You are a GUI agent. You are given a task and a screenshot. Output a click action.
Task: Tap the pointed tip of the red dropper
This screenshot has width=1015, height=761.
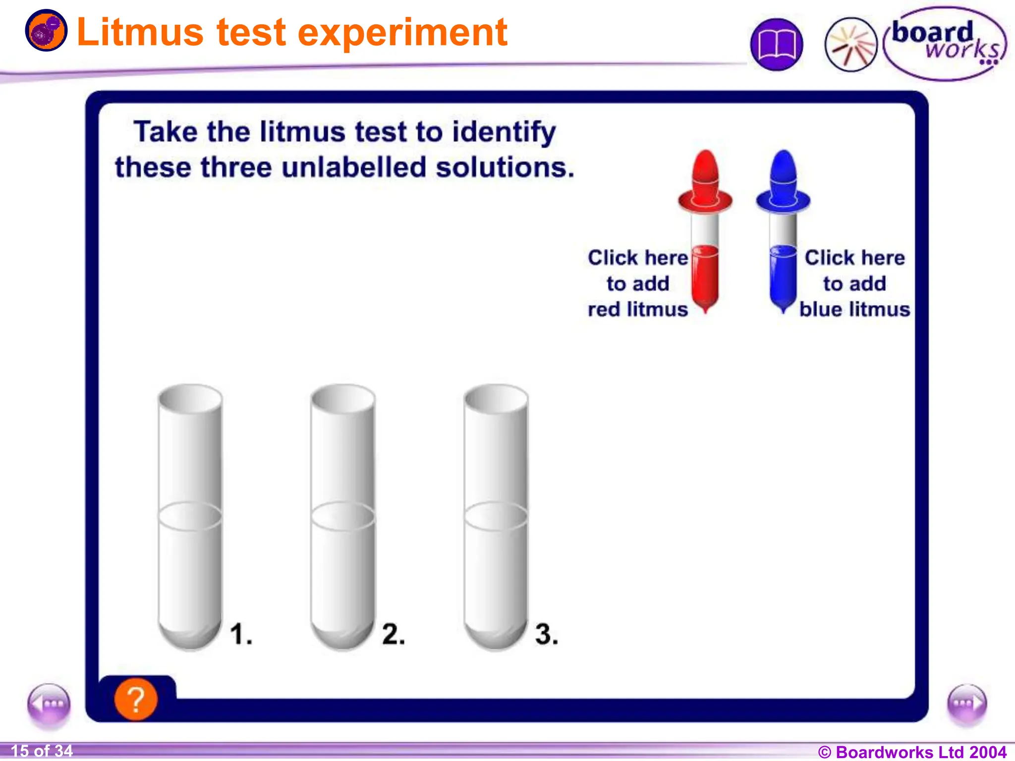705,311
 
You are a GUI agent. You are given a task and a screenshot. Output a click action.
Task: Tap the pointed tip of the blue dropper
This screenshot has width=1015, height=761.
783,311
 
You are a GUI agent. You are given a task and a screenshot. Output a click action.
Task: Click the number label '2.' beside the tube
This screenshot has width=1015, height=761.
394,634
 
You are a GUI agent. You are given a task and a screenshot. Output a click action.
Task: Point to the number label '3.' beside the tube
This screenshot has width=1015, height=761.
546,634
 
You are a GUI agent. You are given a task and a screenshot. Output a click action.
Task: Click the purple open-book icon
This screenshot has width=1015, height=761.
777,45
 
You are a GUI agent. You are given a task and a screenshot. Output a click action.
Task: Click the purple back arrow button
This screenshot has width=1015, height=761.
49,704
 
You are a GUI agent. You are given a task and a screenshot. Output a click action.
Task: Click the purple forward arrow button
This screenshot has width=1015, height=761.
967,704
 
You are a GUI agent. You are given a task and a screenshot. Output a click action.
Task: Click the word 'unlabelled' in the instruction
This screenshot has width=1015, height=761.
354,167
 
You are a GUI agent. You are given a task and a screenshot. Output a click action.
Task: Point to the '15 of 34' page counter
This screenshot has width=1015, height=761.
42,751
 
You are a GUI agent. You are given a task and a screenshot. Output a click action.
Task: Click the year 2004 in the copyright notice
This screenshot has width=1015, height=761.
988,752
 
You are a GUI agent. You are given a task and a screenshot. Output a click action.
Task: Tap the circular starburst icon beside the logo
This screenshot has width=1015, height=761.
850,45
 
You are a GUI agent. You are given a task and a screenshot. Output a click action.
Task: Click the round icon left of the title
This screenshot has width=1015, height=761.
46,30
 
